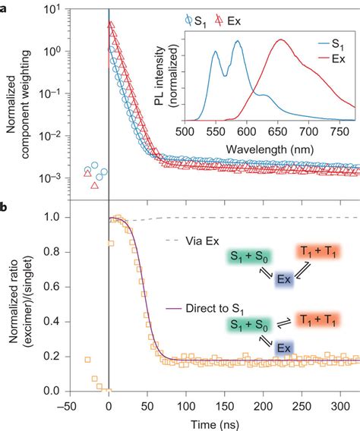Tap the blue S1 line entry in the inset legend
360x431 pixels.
pos(328,45)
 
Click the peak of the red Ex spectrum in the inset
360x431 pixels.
pos(280,41)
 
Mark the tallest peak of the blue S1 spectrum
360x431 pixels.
pos(237,43)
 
